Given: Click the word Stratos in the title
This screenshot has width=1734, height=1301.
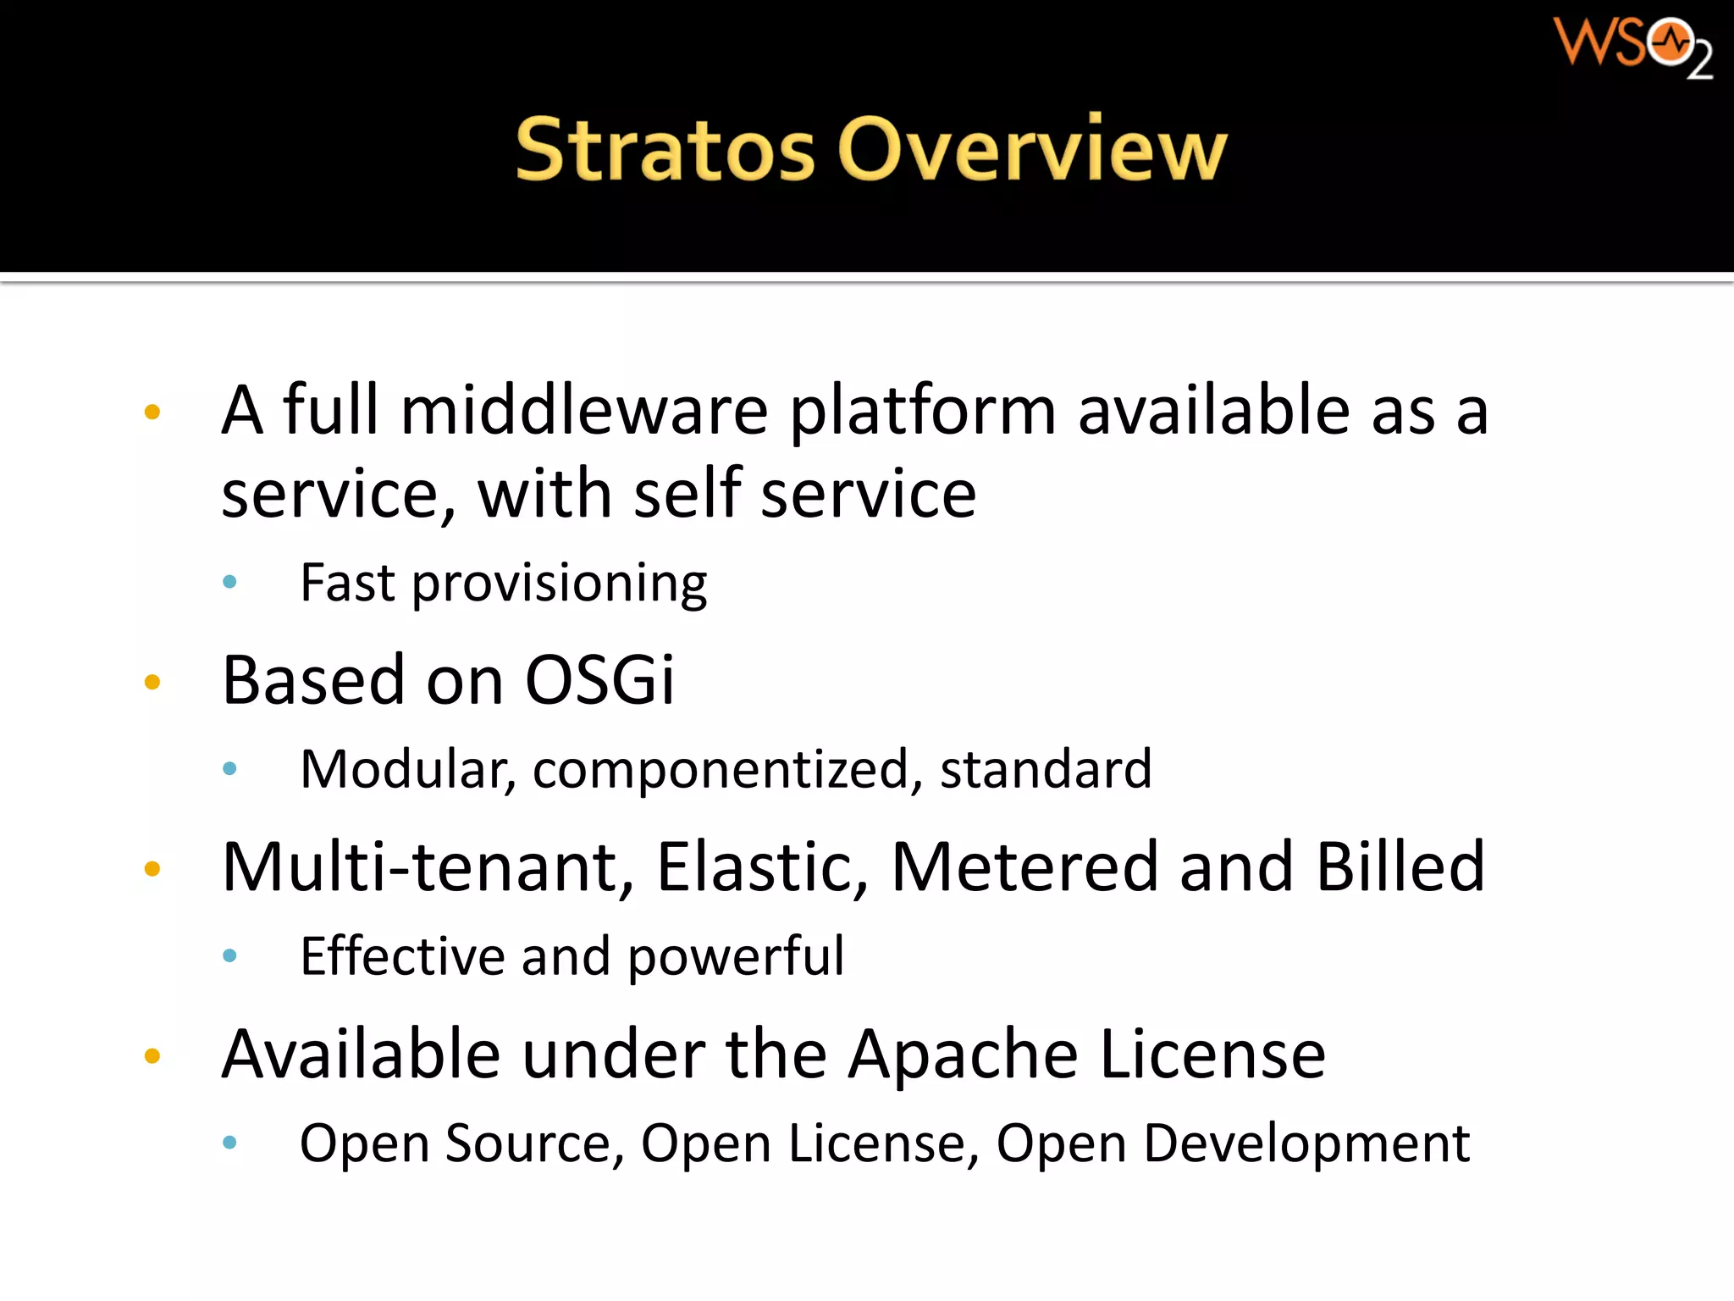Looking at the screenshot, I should pyautogui.click(x=665, y=150).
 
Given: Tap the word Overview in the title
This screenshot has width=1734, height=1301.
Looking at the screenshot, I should pyautogui.click(x=1032, y=150).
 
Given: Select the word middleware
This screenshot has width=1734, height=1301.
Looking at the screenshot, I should pyautogui.click(x=584, y=411).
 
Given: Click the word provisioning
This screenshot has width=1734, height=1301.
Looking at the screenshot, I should pyautogui.click(x=559, y=584).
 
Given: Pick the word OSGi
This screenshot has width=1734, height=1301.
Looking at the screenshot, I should pyautogui.click(x=599, y=680).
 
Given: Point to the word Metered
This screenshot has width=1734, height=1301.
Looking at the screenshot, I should pyautogui.click(x=1024, y=868).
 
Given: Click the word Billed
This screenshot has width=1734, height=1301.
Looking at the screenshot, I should pyautogui.click(x=1400, y=868).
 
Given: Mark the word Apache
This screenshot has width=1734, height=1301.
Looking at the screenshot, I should pyautogui.click(x=964, y=1056).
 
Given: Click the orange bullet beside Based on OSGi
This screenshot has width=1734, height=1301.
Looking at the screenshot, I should pyautogui.click(x=152, y=682).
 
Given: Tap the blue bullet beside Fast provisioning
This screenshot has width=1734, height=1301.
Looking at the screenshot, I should pyautogui.click(x=229, y=582).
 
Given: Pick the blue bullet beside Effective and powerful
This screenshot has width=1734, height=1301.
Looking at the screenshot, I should pyautogui.click(x=229, y=956).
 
